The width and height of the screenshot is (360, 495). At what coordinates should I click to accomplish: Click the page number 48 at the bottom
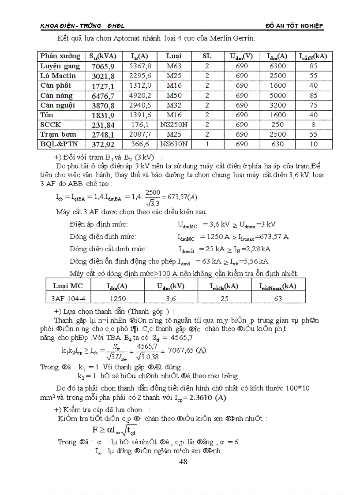coord(184,462)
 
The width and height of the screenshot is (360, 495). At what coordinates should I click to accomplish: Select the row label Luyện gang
coord(60,66)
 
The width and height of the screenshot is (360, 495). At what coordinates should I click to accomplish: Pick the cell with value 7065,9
coord(103,66)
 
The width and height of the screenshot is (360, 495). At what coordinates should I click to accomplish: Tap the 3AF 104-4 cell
coord(68,298)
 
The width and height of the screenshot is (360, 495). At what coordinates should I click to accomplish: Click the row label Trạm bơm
coord(58,134)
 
